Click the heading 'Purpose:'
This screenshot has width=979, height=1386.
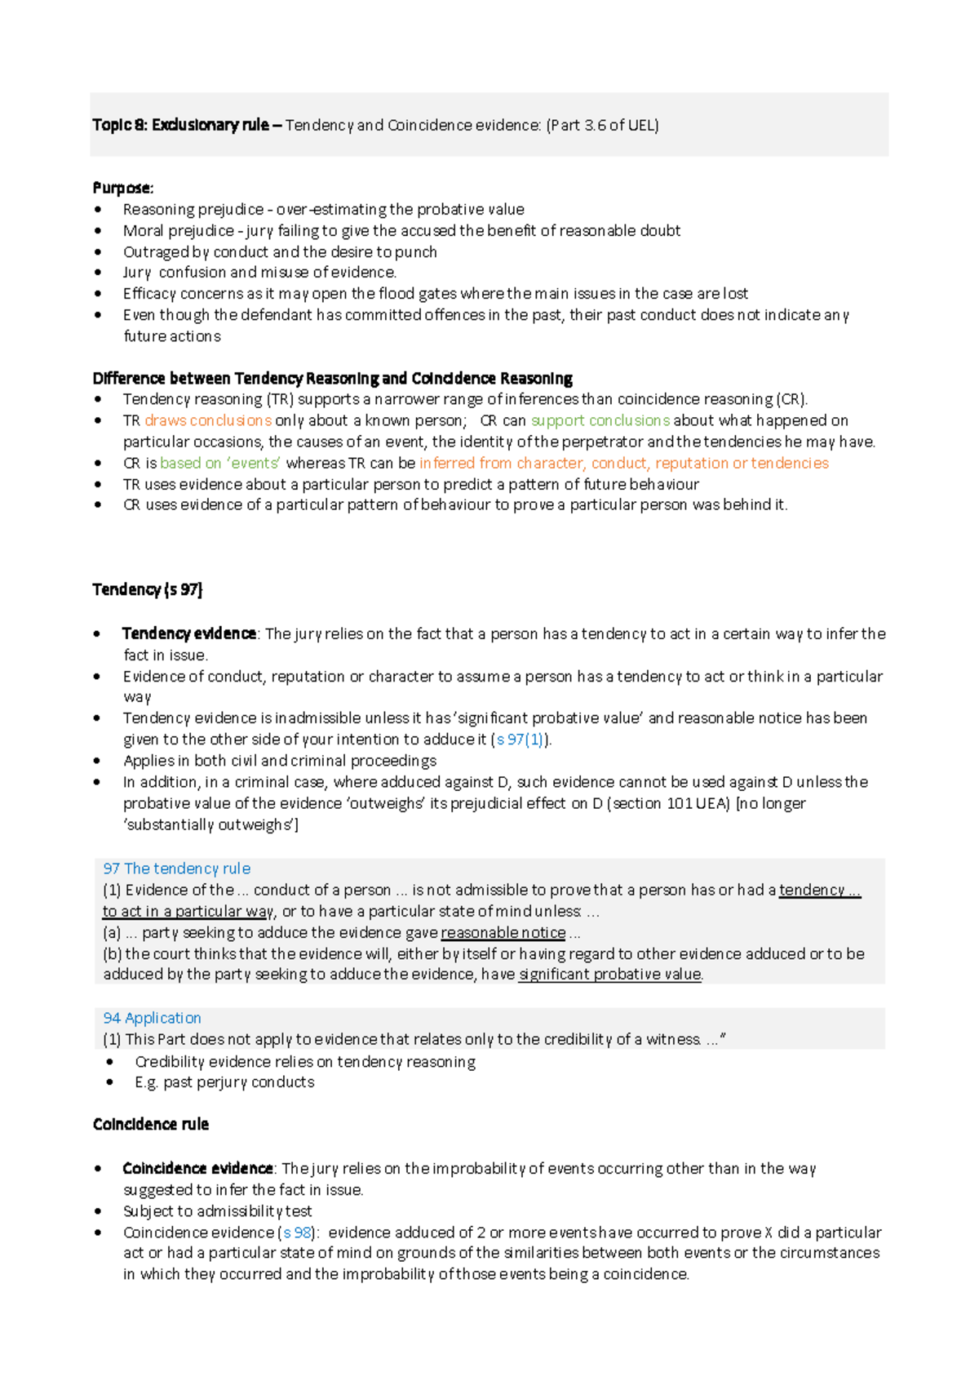[122, 188]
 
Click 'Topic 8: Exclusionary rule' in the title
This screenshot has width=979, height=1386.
[180, 125]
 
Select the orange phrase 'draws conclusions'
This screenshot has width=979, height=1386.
[208, 420]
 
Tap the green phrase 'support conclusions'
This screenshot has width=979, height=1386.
[600, 420]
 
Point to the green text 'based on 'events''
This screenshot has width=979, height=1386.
[219, 463]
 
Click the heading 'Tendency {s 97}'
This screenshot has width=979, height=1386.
[148, 589]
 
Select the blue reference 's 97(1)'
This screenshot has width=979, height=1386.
[520, 740]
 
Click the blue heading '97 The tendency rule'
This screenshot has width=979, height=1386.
[176, 868]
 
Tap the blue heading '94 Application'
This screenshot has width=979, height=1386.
[152, 1018]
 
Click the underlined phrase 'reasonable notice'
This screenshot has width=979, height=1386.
[503, 932]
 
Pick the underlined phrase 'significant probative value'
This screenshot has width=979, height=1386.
[609, 975]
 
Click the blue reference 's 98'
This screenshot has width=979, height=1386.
[297, 1233]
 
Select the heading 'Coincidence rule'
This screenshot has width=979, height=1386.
[151, 1125]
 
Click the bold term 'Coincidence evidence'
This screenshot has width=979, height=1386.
[197, 1169]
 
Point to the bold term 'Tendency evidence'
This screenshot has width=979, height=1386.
[189, 634]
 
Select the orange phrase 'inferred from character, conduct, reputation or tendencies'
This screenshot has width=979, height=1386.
[624, 463]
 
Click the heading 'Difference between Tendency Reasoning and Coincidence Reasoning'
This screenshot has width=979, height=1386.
[332, 379]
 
